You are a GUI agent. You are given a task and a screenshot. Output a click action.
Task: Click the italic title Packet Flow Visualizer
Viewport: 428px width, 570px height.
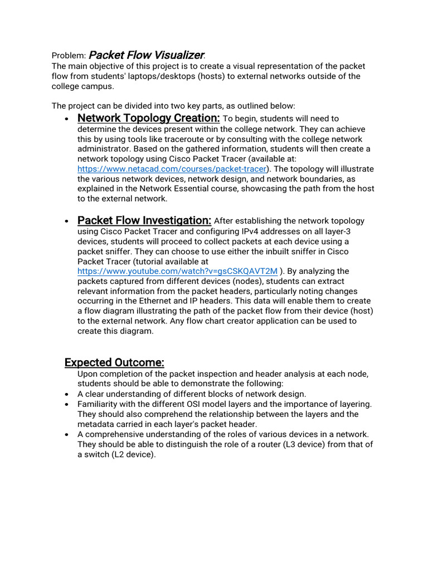pyautogui.click(x=147, y=55)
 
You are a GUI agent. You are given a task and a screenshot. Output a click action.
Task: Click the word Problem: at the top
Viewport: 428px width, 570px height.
pyautogui.click(x=69, y=56)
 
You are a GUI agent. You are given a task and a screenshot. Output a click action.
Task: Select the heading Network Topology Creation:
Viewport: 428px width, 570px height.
pyautogui.click(x=149, y=118)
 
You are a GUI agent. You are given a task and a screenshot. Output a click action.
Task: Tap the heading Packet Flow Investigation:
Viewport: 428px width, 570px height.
pyautogui.click(x=144, y=220)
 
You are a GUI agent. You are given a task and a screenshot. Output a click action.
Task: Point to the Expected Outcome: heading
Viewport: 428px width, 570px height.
pyautogui.click(x=114, y=363)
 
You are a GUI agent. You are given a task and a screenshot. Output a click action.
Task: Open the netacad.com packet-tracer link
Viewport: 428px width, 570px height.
pyautogui.click(x=172, y=169)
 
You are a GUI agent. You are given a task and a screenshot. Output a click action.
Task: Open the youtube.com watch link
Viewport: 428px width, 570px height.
pyautogui.click(x=177, y=271)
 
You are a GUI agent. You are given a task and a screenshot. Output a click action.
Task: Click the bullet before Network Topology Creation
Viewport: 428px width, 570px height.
pyautogui.click(x=67, y=119)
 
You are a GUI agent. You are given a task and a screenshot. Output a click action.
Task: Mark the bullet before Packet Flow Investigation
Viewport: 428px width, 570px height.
pyautogui.click(x=67, y=222)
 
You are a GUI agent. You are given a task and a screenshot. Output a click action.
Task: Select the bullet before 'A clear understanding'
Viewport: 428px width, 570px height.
pyautogui.click(x=67, y=394)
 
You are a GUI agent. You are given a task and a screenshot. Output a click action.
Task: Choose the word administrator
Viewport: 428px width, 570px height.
pyautogui.click(x=103, y=149)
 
